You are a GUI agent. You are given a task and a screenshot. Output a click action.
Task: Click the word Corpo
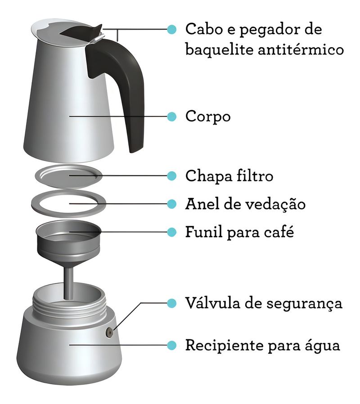click(x=208, y=116)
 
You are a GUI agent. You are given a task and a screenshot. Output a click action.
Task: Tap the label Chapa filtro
click(x=229, y=176)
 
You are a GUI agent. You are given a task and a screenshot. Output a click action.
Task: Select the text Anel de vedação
click(x=245, y=204)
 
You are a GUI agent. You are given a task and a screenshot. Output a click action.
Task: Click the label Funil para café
click(x=240, y=232)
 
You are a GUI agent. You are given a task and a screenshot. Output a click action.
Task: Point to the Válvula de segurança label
click(x=264, y=303)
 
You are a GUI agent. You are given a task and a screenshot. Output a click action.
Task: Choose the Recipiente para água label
click(x=263, y=345)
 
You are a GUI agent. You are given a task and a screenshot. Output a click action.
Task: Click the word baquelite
click(x=220, y=49)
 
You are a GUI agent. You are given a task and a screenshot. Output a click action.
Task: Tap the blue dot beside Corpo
click(x=171, y=117)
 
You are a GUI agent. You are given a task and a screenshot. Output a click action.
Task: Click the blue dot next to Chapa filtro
click(x=171, y=176)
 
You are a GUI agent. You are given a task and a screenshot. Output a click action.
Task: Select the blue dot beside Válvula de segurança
click(x=171, y=303)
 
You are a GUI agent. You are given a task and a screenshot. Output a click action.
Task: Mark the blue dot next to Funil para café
click(x=171, y=232)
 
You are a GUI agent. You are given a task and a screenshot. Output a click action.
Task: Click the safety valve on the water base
click(x=109, y=332)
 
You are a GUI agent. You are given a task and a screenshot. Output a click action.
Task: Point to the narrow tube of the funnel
click(x=68, y=283)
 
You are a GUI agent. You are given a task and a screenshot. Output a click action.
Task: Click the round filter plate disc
click(x=68, y=176)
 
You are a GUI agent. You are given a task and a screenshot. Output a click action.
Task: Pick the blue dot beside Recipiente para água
click(x=171, y=345)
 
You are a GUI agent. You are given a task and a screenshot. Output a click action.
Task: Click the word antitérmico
click(x=301, y=49)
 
